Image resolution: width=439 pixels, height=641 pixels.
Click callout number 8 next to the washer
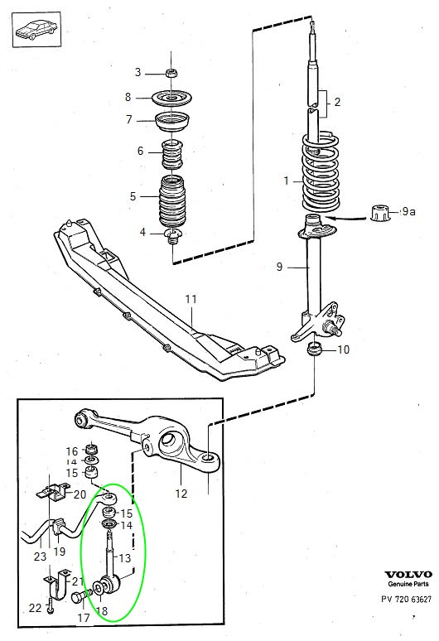[x=128, y=97]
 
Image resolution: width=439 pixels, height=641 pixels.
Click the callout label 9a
[x=408, y=212]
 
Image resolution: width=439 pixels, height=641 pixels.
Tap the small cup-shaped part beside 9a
[x=382, y=212]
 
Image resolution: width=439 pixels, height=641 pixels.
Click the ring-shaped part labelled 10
[x=316, y=349]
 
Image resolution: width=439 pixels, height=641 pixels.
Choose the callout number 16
[x=71, y=451]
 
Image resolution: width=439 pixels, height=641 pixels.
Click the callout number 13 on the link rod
[x=123, y=558]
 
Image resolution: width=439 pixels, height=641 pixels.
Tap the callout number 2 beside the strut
[x=337, y=103]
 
